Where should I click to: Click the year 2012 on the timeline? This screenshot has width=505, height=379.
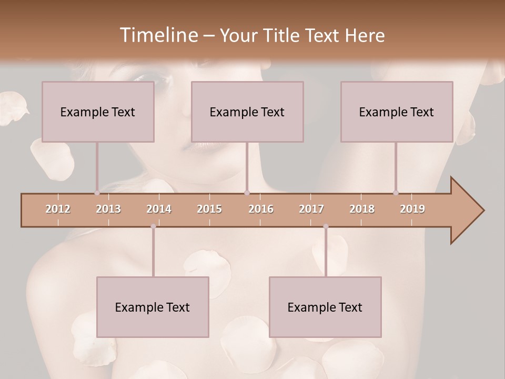coord(58,209)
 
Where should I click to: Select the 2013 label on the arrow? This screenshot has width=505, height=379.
coord(108,209)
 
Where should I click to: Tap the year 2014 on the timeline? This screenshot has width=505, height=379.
coord(159,209)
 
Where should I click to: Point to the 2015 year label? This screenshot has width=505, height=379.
coord(209,209)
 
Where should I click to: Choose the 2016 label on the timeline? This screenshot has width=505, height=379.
coord(261,209)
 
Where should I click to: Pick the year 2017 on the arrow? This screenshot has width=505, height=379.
coord(311,209)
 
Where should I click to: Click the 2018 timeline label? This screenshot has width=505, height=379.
coord(362,209)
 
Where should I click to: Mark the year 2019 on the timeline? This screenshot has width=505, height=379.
coord(412,209)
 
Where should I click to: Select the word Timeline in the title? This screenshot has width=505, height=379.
coord(158,35)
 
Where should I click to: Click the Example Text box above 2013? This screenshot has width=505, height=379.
coord(98,112)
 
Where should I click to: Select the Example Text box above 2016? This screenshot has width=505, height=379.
coord(247,112)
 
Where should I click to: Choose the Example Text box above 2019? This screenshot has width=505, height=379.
coord(397,112)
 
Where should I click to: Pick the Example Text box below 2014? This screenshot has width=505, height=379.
coord(153,307)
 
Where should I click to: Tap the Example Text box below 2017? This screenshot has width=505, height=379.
coord(325,307)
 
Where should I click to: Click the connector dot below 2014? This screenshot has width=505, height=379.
coord(153,226)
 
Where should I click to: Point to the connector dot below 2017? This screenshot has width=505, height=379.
coord(326,226)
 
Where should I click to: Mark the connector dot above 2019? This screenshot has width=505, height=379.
coord(396,193)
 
